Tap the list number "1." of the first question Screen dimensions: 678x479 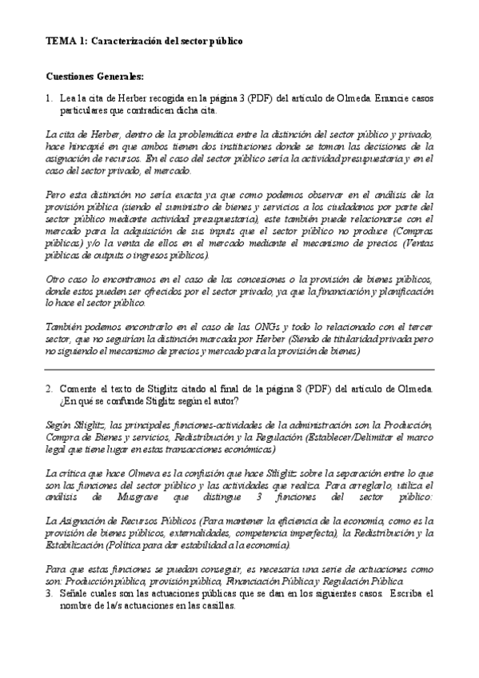(x=50, y=98)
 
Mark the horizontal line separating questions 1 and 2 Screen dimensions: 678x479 (x=239, y=369)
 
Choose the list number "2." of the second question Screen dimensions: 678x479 (x=50, y=389)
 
